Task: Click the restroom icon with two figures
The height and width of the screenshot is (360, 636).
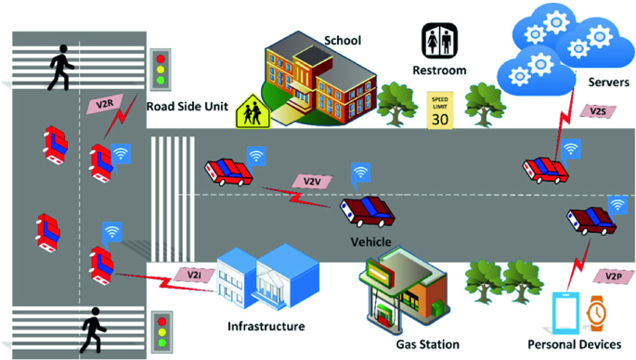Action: click(x=437, y=40)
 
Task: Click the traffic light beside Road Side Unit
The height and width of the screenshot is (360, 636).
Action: click(x=162, y=67)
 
